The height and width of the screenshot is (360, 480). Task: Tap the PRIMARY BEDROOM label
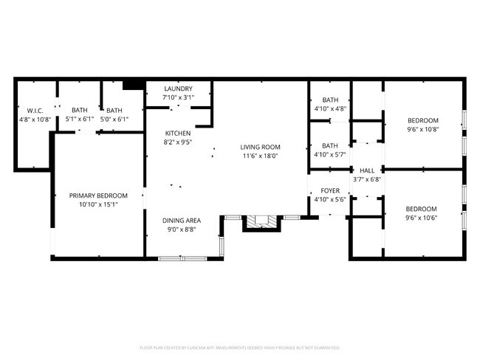coord(98,195)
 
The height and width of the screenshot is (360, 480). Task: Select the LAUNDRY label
coord(178,89)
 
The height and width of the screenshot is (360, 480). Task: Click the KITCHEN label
coord(177,134)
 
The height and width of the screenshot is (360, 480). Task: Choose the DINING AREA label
coord(182,220)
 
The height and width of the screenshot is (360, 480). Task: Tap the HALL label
coord(367,170)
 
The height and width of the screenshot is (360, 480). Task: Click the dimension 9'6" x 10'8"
coord(423,130)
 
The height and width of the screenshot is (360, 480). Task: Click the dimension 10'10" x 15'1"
coord(98,204)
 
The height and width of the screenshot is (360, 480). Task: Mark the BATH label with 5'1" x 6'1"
coord(80,110)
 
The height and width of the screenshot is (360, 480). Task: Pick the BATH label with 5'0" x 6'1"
coord(114,110)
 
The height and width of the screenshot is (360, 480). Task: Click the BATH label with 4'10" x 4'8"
coord(330,100)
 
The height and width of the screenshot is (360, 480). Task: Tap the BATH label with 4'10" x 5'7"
coord(330,145)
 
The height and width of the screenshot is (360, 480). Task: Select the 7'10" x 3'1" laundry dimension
coord(178,97)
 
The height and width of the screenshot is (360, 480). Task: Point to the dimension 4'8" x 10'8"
coord(34,120)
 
